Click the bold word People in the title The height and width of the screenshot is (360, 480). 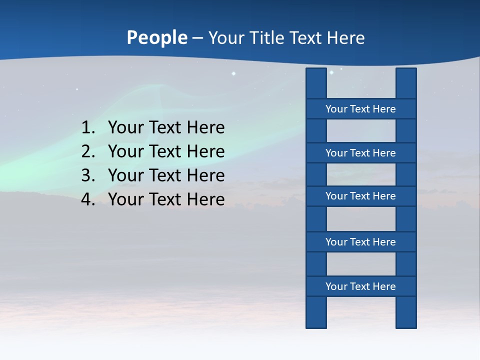tap(156, 37)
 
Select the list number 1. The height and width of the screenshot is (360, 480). tap(87, 127)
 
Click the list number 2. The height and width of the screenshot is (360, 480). tap(87, 151)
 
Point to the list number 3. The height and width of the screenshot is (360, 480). tap(87, 175)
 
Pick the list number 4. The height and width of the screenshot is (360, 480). tap(87, 199)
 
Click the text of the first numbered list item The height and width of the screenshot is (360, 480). tap(166, 127)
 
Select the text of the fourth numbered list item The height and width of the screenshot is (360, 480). tap(166, 199)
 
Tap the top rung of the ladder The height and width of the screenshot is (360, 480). tap(360, 108)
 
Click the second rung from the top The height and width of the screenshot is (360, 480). tap(360, 152)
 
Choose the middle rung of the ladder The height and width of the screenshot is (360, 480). tap(360, 196)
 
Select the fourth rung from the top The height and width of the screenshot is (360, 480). tap(360, 241)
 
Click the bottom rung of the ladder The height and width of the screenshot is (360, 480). tap(360, 286)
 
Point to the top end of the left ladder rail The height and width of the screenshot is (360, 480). tap(316, 72)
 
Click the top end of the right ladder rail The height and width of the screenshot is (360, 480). tap(406, 72)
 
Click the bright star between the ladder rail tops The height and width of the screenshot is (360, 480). tap(331, 72)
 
